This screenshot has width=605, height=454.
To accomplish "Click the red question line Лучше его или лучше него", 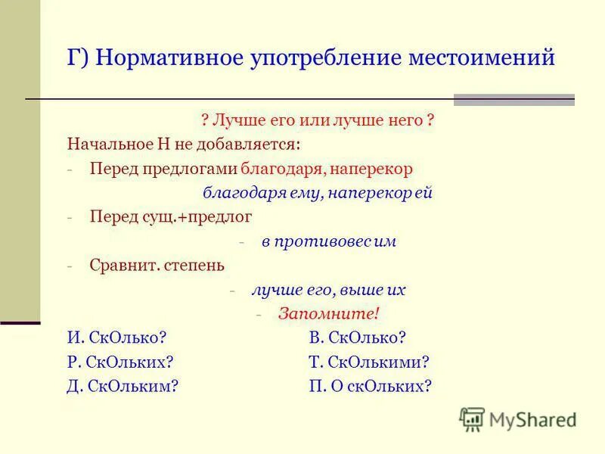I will click(318, 120).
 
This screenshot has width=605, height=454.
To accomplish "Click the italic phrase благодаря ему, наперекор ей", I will click(318, 193).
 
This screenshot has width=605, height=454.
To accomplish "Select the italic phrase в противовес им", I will click(329, 242).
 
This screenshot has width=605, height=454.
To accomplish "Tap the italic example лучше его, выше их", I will click(329, 291).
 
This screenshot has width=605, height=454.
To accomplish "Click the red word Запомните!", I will click(328, 314).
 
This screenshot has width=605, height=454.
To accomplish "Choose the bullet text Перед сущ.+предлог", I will click(170, 217).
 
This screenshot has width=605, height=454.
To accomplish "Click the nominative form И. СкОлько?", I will click(117, 338).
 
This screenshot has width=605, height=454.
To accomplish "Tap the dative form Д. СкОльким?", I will click(123, 386).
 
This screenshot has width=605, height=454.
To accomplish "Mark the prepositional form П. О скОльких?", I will click(371, 386).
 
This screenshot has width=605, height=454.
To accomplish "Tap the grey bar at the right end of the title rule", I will click(513, 100).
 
